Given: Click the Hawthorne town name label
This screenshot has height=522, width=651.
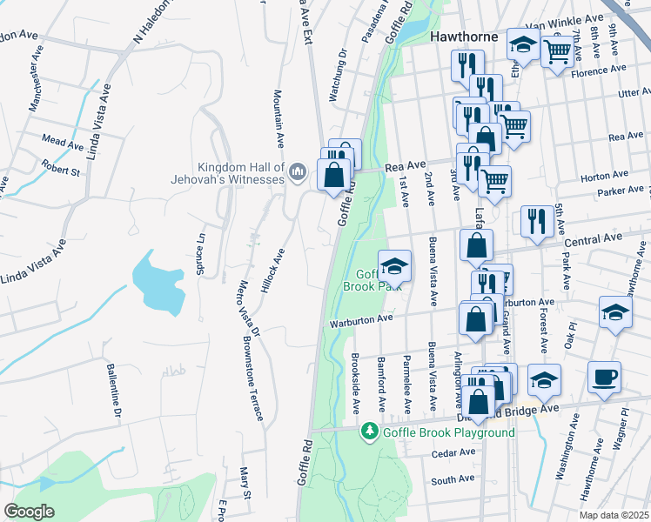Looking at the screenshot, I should click(465, 37).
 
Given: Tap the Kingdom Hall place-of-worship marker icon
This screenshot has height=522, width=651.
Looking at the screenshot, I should click(298, 170).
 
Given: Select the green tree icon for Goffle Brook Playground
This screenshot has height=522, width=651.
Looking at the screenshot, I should click(370, 432).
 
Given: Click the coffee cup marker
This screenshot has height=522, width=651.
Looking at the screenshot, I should click(604, 377).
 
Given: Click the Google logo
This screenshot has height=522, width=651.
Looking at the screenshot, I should click(29, 512).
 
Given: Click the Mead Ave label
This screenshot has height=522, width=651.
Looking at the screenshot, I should click(62, 137).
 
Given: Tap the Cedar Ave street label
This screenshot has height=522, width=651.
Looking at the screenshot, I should click(453, 452).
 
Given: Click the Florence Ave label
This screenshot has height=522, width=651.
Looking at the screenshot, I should click(598, 69).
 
